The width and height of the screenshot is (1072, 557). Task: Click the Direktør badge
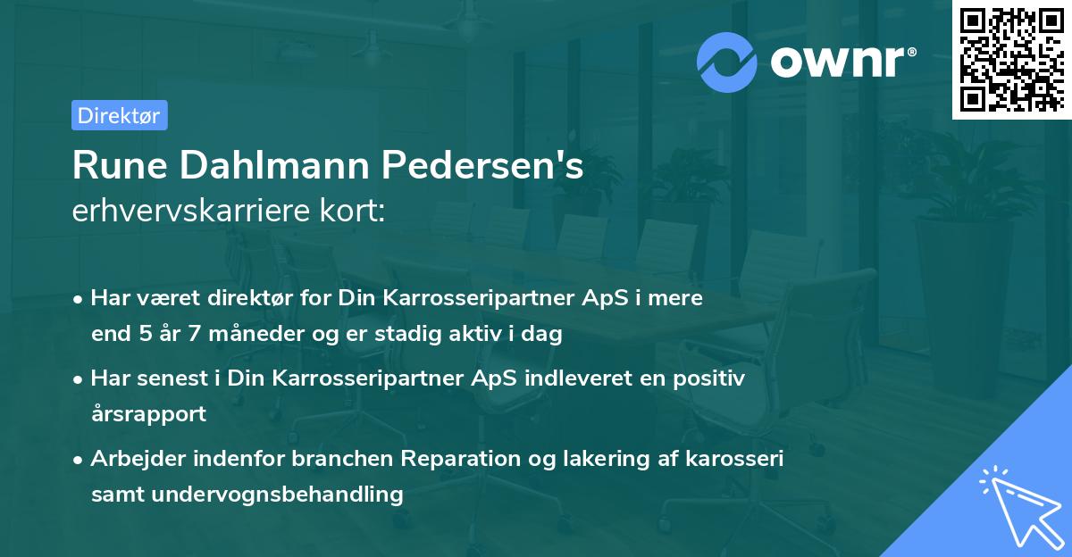point(119,115)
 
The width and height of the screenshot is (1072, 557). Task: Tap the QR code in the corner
point(1010,60)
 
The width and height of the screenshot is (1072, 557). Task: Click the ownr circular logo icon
point(727,62)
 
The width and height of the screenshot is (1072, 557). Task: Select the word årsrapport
point(148,413)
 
